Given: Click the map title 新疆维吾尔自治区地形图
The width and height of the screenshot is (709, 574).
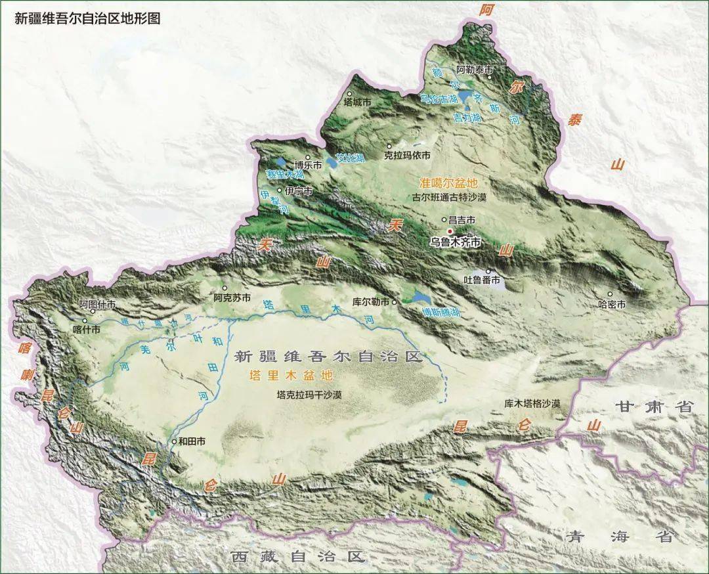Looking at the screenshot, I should tap(87, 18).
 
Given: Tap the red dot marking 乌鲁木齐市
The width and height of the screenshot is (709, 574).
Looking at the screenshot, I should tap(450, 231).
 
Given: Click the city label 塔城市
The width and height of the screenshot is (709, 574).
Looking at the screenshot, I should tap(358, 102).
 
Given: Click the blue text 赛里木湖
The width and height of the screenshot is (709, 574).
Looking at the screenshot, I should tap(284, 175).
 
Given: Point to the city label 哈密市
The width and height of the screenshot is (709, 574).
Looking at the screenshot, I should tap(612, 304).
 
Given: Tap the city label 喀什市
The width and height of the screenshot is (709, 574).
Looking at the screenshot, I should tap(87, 330).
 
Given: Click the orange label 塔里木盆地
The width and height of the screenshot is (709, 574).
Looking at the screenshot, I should tap(291, 376).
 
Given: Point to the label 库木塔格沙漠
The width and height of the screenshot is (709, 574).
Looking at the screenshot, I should tap(532, 403).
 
